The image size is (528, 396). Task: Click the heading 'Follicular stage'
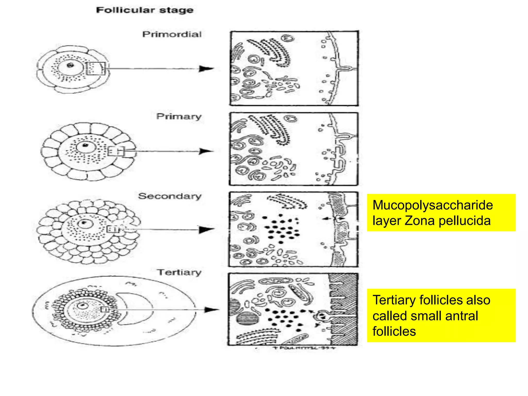click(145, 10)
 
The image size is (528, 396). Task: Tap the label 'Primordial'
click(172, 34)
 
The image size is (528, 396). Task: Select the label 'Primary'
click(179, 116)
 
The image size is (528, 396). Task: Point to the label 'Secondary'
click(170, 196)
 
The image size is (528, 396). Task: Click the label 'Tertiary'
click(179, 272)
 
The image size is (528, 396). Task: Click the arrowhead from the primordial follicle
click(206, 69)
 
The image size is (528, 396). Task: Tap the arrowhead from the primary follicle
click(206, 151)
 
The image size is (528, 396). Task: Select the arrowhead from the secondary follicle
click(207, 229)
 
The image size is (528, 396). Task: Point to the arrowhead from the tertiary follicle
click(211, 310)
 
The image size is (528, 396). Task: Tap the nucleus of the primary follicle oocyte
click(85, 146)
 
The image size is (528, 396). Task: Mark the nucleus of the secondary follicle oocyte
click(84, 223)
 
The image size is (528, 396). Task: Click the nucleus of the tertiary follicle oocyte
click(83, 306)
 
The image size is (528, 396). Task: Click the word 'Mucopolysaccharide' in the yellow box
click(433, 205)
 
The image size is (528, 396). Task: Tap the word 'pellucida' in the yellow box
click(465, 221)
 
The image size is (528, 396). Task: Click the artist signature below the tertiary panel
click(304, 348)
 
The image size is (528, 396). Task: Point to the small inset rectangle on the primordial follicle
click(95, 69)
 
